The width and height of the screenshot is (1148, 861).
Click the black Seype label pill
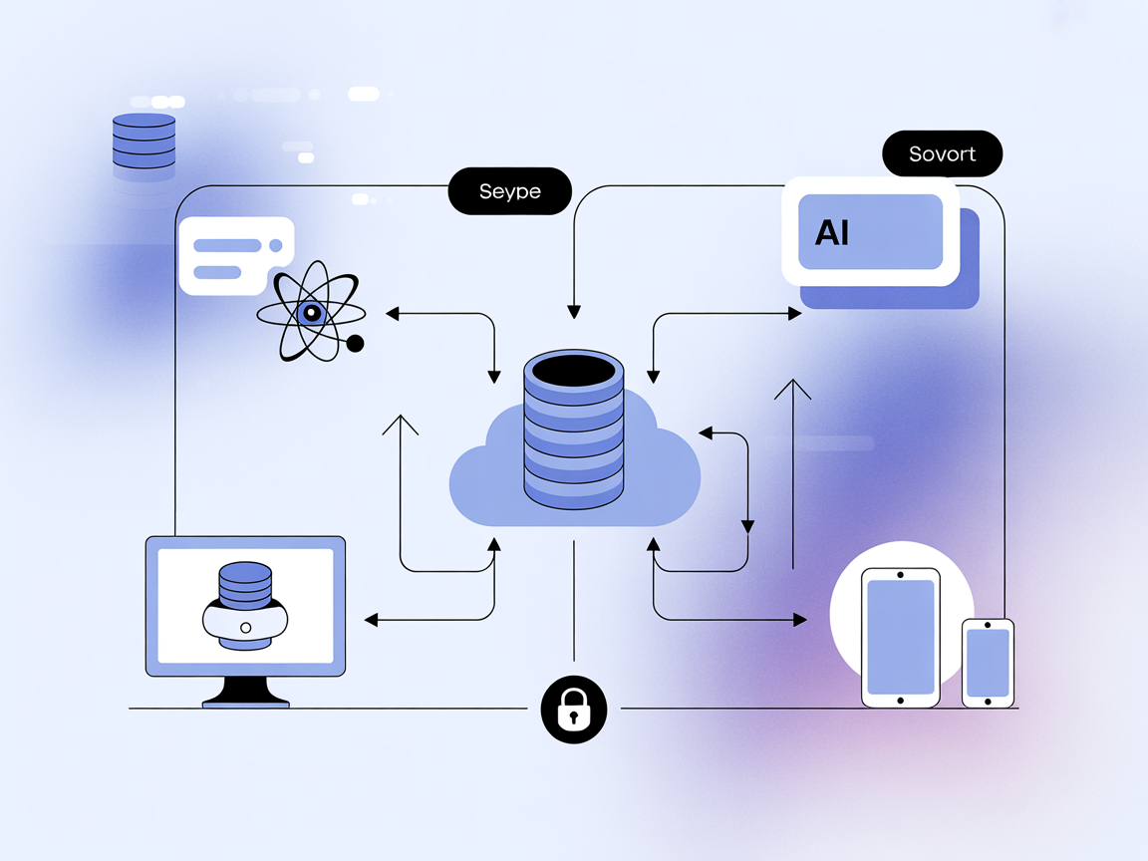point(509,191)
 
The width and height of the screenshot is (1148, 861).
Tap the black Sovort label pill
point(942,154)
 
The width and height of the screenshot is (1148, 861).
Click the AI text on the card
point(832,233)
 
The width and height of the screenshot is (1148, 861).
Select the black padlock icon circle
point(573,709)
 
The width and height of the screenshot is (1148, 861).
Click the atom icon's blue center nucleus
point(311,313)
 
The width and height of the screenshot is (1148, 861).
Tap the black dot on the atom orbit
point(355,344)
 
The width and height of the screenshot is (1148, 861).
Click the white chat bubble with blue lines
point(236,255)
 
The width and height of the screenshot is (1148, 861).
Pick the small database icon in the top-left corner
point(143,141)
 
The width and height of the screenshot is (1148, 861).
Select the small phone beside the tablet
point(987,663)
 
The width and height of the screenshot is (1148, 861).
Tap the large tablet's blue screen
point(901,637)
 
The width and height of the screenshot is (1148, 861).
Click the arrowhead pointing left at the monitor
point(371,620)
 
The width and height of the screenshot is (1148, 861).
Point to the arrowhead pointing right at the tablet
point(800,620)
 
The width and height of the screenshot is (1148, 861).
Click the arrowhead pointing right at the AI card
point(795,314)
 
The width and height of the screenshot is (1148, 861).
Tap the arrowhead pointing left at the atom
point(392,314)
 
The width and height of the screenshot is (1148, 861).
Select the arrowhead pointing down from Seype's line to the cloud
point(573,312)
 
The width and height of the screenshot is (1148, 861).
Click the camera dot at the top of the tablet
point(901,575)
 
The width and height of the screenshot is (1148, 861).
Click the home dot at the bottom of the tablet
point(901,701)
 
